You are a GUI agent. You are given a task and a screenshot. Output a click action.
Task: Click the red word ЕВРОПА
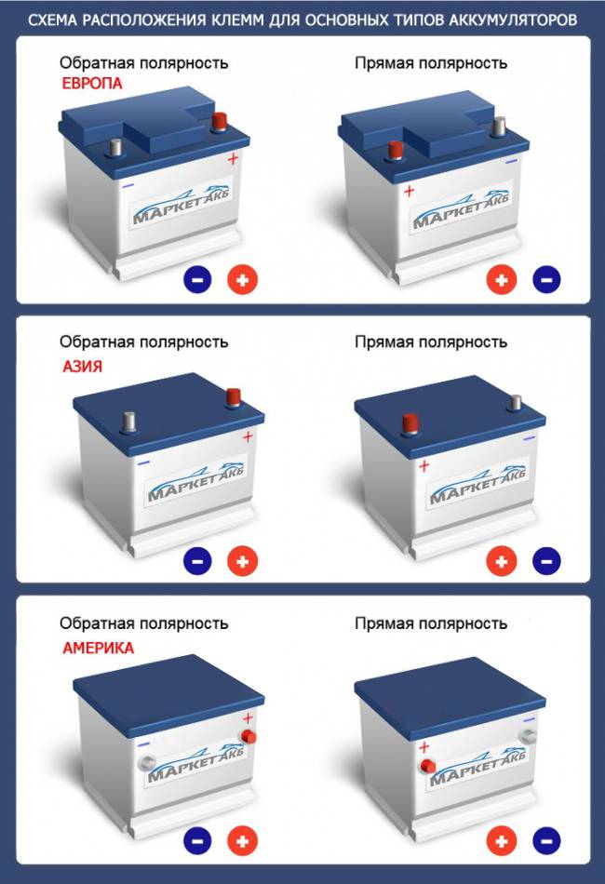tap(92, 84)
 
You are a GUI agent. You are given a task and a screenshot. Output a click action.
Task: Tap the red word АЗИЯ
tap(82, 367)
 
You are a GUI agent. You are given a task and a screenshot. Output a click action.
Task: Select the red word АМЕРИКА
tap(98, 648)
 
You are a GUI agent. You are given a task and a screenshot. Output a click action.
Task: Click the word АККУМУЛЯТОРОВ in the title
tap(513, 20)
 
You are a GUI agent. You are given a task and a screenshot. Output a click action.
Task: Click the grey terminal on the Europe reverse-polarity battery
tap(115, 148)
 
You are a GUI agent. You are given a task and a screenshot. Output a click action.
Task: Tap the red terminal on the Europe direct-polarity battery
tap(396, 151)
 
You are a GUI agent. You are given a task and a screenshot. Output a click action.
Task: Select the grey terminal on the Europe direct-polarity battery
tap(499, 127)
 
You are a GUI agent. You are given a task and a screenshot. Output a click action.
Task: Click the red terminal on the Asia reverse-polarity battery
tap(233, 397)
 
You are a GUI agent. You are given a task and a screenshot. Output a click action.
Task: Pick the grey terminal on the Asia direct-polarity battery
tap(515, 403)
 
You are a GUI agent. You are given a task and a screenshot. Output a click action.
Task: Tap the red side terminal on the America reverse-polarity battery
tap(248, 737)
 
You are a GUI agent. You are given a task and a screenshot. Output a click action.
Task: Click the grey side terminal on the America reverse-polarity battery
tap(146, 763)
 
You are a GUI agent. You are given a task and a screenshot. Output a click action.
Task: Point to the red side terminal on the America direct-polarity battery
tap(427, 766)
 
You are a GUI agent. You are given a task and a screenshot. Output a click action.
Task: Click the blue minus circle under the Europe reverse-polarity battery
tap(197, 280)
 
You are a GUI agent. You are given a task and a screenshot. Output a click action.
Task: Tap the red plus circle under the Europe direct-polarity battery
tap(502, 280)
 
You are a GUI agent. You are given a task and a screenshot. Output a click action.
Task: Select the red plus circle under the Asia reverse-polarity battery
tap(242, 561)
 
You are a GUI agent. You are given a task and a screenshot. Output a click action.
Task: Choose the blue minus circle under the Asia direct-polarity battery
tap(546, 561)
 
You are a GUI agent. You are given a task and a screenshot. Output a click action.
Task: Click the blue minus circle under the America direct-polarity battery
tap(546, 841)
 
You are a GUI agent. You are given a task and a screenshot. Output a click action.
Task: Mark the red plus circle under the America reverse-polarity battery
tap(242, 841)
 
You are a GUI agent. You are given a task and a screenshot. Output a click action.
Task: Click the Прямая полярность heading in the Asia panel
tap(431, 342)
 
